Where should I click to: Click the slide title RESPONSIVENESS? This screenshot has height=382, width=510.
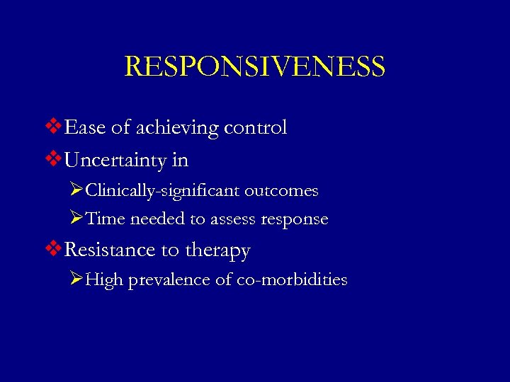click(x=255, y=66)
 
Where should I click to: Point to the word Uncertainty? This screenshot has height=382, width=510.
click(x=115, y=161)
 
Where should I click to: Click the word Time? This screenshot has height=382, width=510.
click(x=105, y=219)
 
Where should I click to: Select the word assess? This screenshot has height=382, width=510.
click(x=232, y=220)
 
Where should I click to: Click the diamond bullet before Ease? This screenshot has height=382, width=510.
click(x=55, y=128)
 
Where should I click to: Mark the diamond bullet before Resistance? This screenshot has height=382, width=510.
click(x=55, y=250)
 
